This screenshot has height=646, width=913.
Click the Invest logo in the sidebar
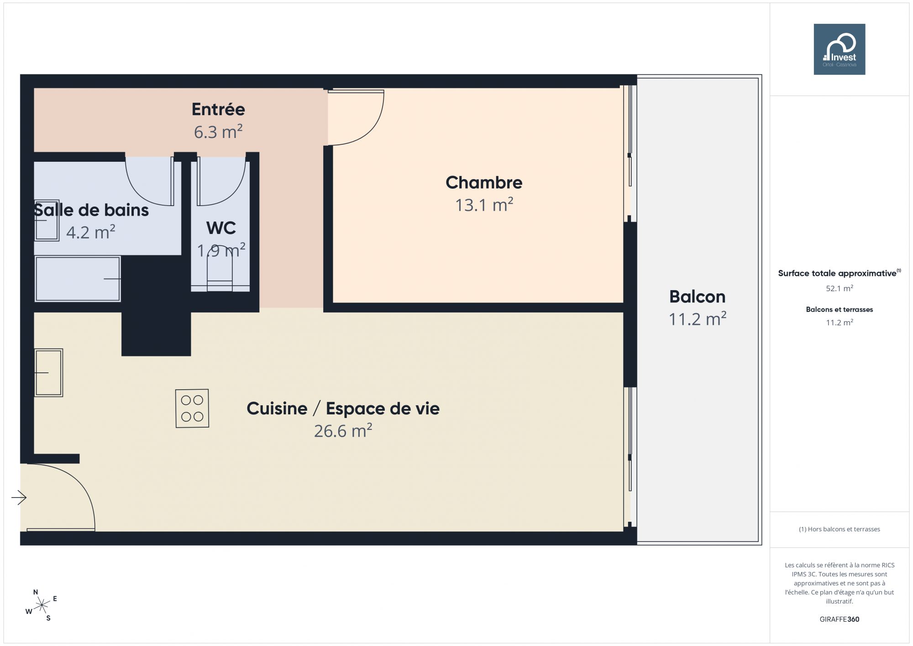click(840, 49)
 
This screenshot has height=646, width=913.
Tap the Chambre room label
click(484, 182)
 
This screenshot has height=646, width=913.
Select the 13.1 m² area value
click(484, 205)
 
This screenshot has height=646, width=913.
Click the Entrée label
click(218, 109)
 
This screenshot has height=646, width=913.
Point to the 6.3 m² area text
click(218, 132)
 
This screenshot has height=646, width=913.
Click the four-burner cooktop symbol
click(192, 408)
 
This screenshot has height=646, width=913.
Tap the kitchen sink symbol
click(48, 373)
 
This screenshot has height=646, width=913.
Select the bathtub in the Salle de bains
click(78, 279)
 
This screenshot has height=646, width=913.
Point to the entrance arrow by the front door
click(19, 498)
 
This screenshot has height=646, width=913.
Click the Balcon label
click(697, 297)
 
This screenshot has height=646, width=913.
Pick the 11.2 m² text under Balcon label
click(698, 319)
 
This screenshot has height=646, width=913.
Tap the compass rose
click(42, 606)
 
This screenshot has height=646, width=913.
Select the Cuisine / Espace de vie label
click(343, 408)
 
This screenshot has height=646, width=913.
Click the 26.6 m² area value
click(343, 431)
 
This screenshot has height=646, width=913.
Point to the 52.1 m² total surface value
click(840, 288)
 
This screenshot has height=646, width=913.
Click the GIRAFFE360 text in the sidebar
click(840, 619)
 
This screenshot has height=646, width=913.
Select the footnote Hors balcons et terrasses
click(840, 529)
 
